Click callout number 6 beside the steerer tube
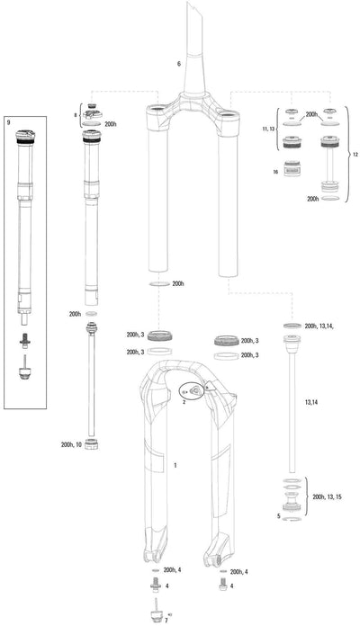pos(178,65)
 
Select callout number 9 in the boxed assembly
pos(9,121)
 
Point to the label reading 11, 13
pos(267,130)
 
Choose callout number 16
pos(275,169)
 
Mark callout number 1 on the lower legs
pos(175,467)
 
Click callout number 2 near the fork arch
pos(183,404)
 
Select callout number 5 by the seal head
pos(278,516)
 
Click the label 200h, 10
pos(71,444)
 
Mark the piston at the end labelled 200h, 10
pos(92,446)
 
